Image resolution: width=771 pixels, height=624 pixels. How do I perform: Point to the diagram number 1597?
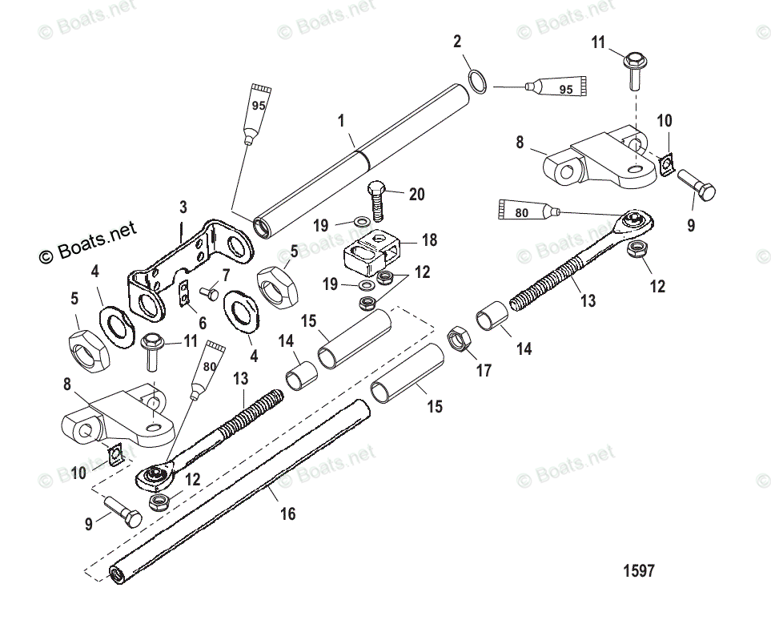click(x=638, y=571)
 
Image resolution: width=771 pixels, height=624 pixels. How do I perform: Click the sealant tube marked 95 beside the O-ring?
click(x=558, y=87)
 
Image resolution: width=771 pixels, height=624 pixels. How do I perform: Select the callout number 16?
click(x=287, y=513)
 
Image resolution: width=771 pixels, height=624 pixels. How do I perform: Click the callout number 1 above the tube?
click(x=341, y=122)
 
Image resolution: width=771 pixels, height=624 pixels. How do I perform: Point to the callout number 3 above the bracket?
click(x=183, y=207)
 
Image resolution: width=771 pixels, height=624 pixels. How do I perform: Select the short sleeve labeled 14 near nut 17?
click(x=492, y=317)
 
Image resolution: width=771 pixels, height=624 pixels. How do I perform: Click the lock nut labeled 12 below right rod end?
click(x=636, y=251)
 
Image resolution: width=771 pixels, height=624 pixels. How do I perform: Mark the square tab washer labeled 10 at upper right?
click(x=666, y=165)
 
